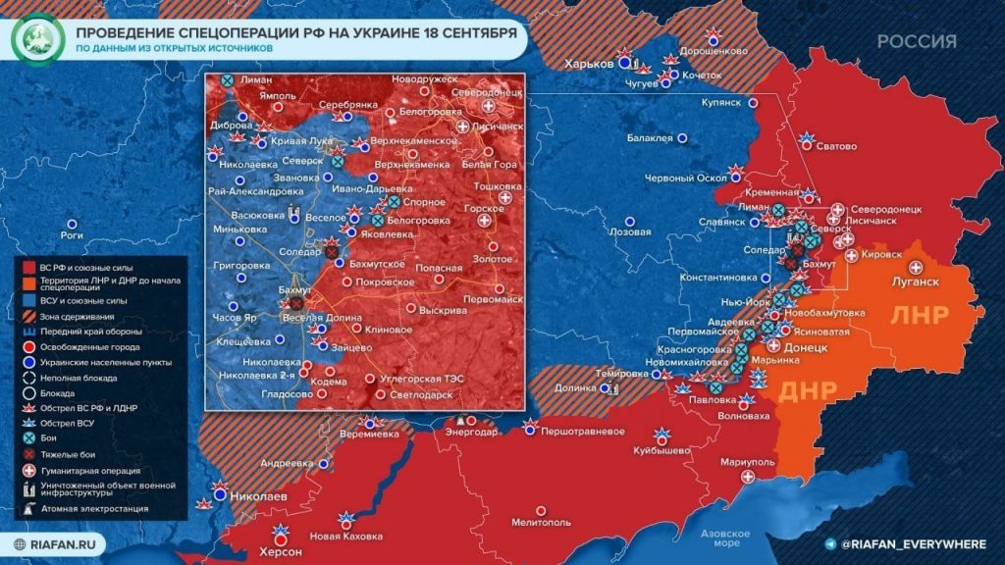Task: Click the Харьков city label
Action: click(x=588, y=64)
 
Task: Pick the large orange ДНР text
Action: click(x=807, y=390)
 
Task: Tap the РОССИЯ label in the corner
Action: click(x=916, y=41)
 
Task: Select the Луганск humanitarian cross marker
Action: click(x=916, y=267)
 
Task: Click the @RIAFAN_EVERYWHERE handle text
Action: click(x=910, y=542)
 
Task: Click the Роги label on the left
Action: click(x=71, y=235)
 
